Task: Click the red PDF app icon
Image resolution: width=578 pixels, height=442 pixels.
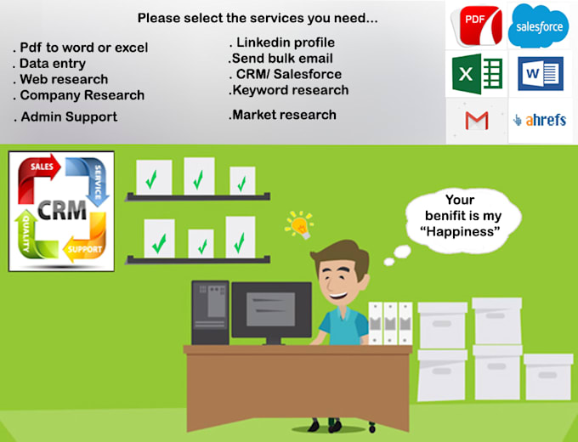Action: (x=476, y=25)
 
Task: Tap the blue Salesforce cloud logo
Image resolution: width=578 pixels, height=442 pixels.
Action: (x=539, y=25)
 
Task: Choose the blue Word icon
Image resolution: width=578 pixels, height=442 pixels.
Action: (x=540, y=74)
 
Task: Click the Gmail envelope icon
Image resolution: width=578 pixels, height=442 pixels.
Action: (x=476, y=121)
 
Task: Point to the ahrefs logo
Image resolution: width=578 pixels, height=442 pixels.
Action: (x=540, y=121)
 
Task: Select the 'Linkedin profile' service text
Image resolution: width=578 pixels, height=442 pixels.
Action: (x=282, y=42)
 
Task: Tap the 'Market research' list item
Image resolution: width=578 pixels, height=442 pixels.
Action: (x=283, y=115)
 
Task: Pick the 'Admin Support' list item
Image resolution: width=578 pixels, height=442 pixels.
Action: (x=65, y=116)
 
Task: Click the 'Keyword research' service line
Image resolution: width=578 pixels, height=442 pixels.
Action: (x=289, y=90)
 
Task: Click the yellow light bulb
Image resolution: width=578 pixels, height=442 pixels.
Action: (x=299, y=224)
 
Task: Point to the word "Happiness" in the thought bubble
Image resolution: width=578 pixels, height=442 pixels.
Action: (x=461, y=230)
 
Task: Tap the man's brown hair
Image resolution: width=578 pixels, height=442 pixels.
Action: (x=340, y=253)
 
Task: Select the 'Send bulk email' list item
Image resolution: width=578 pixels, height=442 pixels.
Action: (x=280, y=59)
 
